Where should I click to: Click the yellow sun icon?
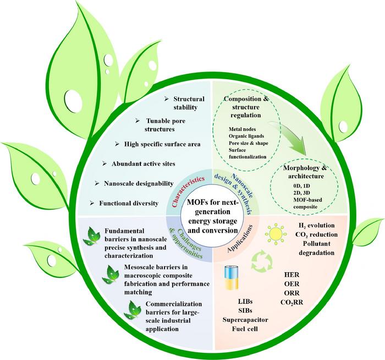point(276,234)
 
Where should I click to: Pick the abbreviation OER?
point(291,284)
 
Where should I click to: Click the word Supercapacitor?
point(245,320)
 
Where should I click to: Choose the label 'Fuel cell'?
point(245,329)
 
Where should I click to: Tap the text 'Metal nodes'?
point(242,129)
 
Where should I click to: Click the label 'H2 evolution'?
point(316,226)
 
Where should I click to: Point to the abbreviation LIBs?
point(245,301)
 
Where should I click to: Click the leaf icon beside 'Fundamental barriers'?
point(92,236)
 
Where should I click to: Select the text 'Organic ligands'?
point(246,136)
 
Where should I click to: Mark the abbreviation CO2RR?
point(291,302)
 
